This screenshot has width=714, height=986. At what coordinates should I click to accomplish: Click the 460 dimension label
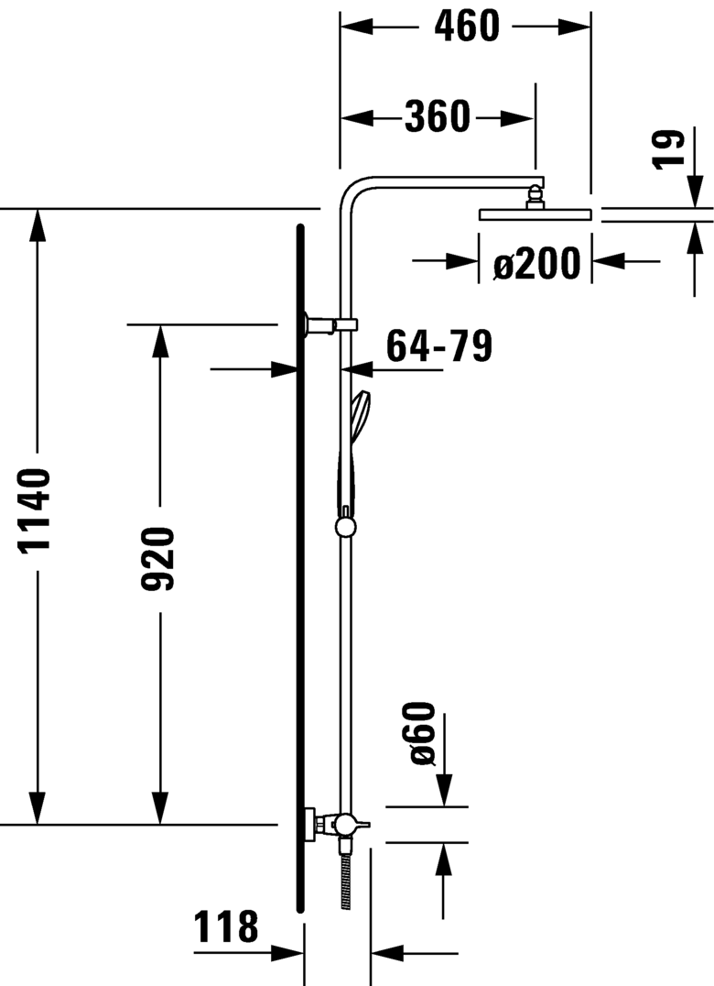point(466,27)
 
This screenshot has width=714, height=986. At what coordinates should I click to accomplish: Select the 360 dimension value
point(437,117)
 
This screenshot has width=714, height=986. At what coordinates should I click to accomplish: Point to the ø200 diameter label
point(536,264)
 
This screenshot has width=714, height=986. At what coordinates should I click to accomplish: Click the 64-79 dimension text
point(439,346)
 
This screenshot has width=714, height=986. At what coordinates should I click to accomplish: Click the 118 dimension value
point(226,928)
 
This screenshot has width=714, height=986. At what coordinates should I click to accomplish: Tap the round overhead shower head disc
point(535,215)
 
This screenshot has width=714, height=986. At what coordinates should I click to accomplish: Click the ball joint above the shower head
point(534,195)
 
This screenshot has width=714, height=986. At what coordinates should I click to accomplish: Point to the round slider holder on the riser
point(345,527)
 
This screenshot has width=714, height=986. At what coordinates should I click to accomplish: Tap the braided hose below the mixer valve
point(345,880)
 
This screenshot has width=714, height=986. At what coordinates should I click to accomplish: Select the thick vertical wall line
point(299,568)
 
